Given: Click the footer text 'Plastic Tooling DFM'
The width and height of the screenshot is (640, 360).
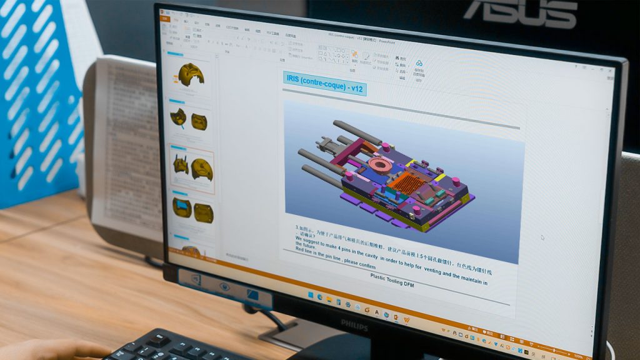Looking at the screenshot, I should click(x=392, y=280).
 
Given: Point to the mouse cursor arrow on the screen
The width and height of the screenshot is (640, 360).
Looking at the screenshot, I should click(x=542, y=237).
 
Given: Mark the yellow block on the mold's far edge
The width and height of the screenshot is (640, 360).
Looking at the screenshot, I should click(x=410, y=163).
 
